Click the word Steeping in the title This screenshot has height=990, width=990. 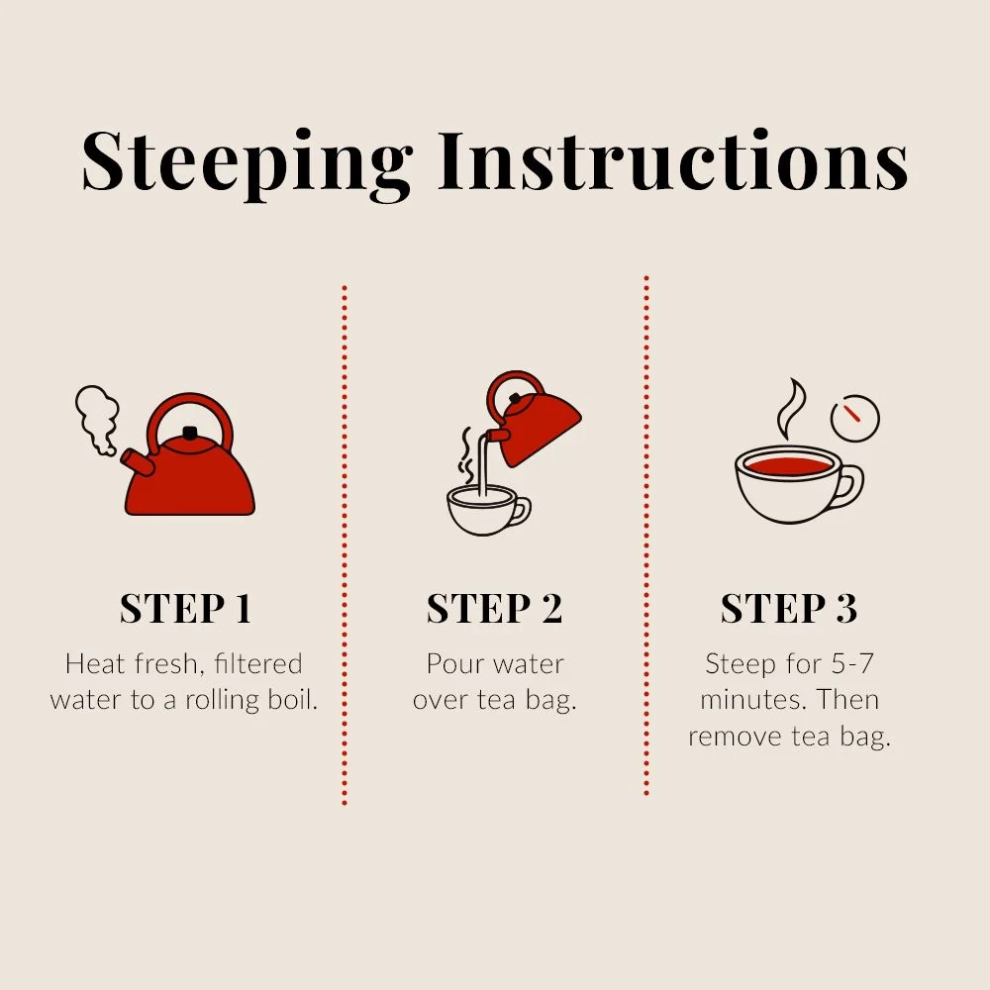(247, 163)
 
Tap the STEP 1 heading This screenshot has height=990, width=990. (186, 609)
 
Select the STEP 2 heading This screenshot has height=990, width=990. (494, 609)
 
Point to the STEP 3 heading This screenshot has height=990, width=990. (789, 609)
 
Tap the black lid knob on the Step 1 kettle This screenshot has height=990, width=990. (189, 433)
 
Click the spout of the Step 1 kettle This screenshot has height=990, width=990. (138, 462)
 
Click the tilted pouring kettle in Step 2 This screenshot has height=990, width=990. (534, 418)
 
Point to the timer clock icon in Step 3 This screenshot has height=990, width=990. (855, 418)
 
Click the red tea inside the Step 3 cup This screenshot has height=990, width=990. (788, 466)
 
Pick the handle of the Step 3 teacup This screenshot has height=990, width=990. (849, 485)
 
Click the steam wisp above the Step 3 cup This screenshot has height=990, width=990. (791, 409)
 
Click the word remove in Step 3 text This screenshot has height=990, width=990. (735, 738)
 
